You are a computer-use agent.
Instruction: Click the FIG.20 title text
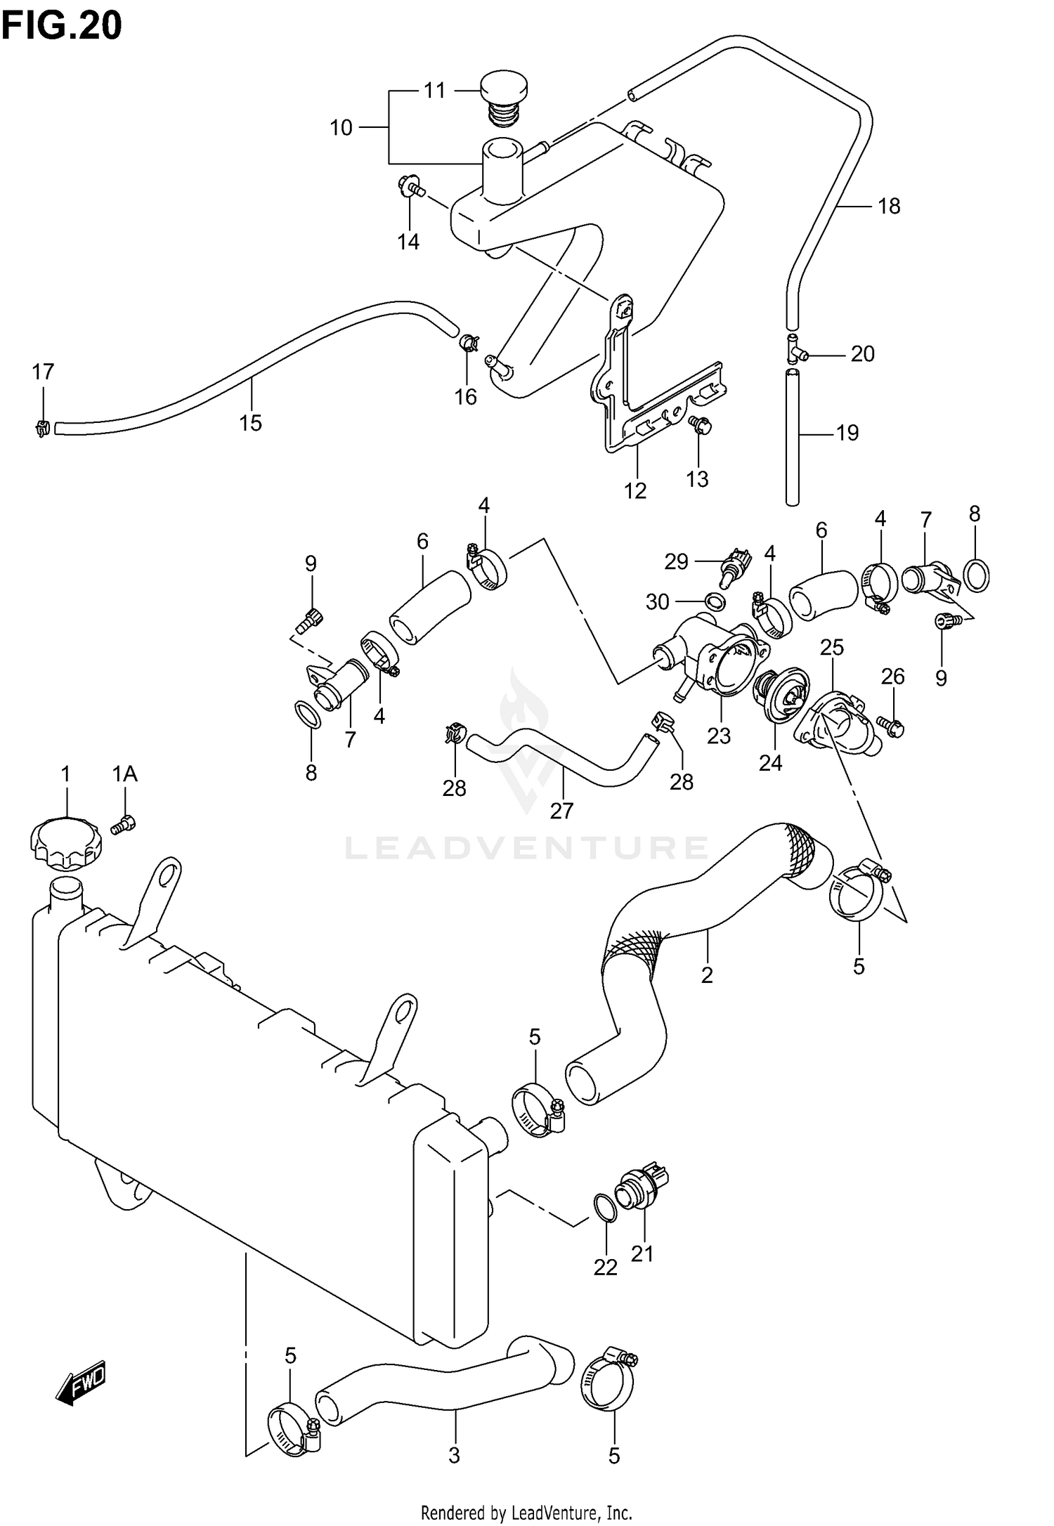coord(62,26)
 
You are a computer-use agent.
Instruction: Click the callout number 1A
coord(125,774)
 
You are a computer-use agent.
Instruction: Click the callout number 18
coord(889,207)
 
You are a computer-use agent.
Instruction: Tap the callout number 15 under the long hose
coord(250,423)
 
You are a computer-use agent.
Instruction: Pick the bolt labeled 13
coord(701,426)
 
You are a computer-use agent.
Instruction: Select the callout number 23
coord(719,736)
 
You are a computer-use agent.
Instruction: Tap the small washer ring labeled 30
coord(715,601)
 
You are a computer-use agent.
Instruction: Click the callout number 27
coord(561,811)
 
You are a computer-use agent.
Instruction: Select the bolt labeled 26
coord(892,728)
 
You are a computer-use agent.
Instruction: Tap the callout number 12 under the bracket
coord(635,490)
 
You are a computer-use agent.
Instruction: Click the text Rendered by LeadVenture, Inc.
coord(526,1511)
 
